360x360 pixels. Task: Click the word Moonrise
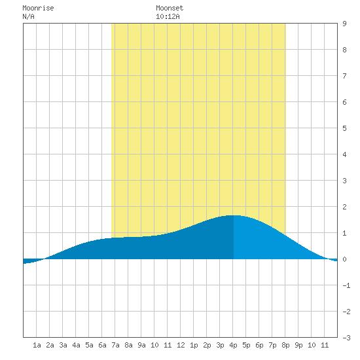click(38, 8)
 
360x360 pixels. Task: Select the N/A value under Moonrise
click(28, 16)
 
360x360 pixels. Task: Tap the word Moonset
click(170, 8)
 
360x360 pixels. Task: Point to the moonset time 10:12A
click(168, 16)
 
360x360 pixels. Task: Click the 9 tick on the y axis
click(344, 24)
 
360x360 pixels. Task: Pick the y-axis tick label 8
click(344, 50)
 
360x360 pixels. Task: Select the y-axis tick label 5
click(344, 128)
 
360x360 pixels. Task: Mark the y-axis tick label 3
click(344, 181)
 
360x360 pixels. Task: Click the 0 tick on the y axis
click(344, 259)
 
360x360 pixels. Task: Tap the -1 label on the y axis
click(346, 285)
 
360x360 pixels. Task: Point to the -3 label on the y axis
click(346, 338)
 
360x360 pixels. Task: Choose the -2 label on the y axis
click(346, 312)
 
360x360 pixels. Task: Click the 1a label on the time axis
click(37, 345)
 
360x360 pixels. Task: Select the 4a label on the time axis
click(76, 345)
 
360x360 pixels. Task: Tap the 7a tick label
click(115, 345)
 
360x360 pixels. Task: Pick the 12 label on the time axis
click(181, 345)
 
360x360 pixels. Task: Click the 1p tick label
click(194, 345)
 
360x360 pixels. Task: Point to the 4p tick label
click(233, 345)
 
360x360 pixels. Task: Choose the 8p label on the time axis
click(285, 345)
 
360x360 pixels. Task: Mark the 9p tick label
click(298, 345)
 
